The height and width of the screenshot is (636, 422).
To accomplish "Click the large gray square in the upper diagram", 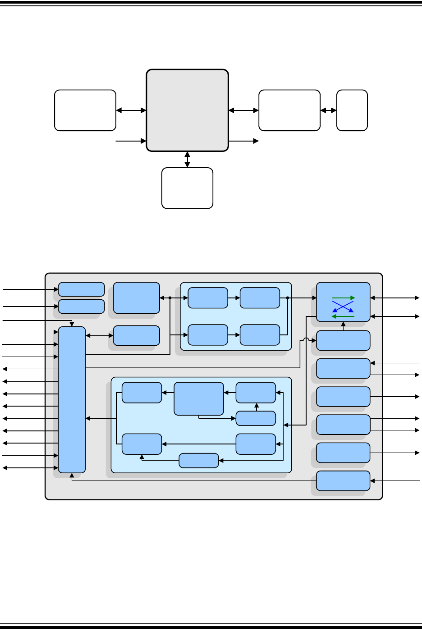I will [187, 110].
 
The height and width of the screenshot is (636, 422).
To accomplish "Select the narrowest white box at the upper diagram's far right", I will [352, 110].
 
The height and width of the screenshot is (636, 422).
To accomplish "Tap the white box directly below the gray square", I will [187, 188].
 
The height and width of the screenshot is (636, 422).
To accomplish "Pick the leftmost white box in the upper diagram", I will [85, 110].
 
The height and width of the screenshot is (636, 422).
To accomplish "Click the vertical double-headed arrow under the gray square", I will [187, 160].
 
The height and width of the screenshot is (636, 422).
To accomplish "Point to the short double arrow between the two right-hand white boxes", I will [328, 110].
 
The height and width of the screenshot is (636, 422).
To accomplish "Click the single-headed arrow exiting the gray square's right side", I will [243, 141].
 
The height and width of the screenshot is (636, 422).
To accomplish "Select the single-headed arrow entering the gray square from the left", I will [131, 141].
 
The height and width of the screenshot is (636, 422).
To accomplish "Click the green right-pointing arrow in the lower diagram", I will [344, 298].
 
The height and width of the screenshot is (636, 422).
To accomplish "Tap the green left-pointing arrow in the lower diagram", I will [343, 316].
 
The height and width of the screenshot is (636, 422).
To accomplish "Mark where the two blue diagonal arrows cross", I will [343, 307].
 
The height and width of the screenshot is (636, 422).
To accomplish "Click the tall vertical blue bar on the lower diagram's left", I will [72, 399].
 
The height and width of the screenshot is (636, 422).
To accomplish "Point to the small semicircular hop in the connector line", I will [306, 341].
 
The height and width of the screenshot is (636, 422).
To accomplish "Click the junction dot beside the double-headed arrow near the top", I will [170, 298].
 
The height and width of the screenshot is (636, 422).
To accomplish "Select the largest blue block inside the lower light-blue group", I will [199, 398].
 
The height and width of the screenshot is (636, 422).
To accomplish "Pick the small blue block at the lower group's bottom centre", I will [199, 461].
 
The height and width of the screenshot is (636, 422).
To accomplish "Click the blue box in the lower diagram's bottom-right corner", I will [343, 480].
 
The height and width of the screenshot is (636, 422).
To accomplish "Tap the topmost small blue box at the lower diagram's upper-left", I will [82, 289].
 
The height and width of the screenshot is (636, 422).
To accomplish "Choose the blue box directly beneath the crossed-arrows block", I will [343, 340].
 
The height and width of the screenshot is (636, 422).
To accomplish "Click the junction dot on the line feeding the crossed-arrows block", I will [287, 298].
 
